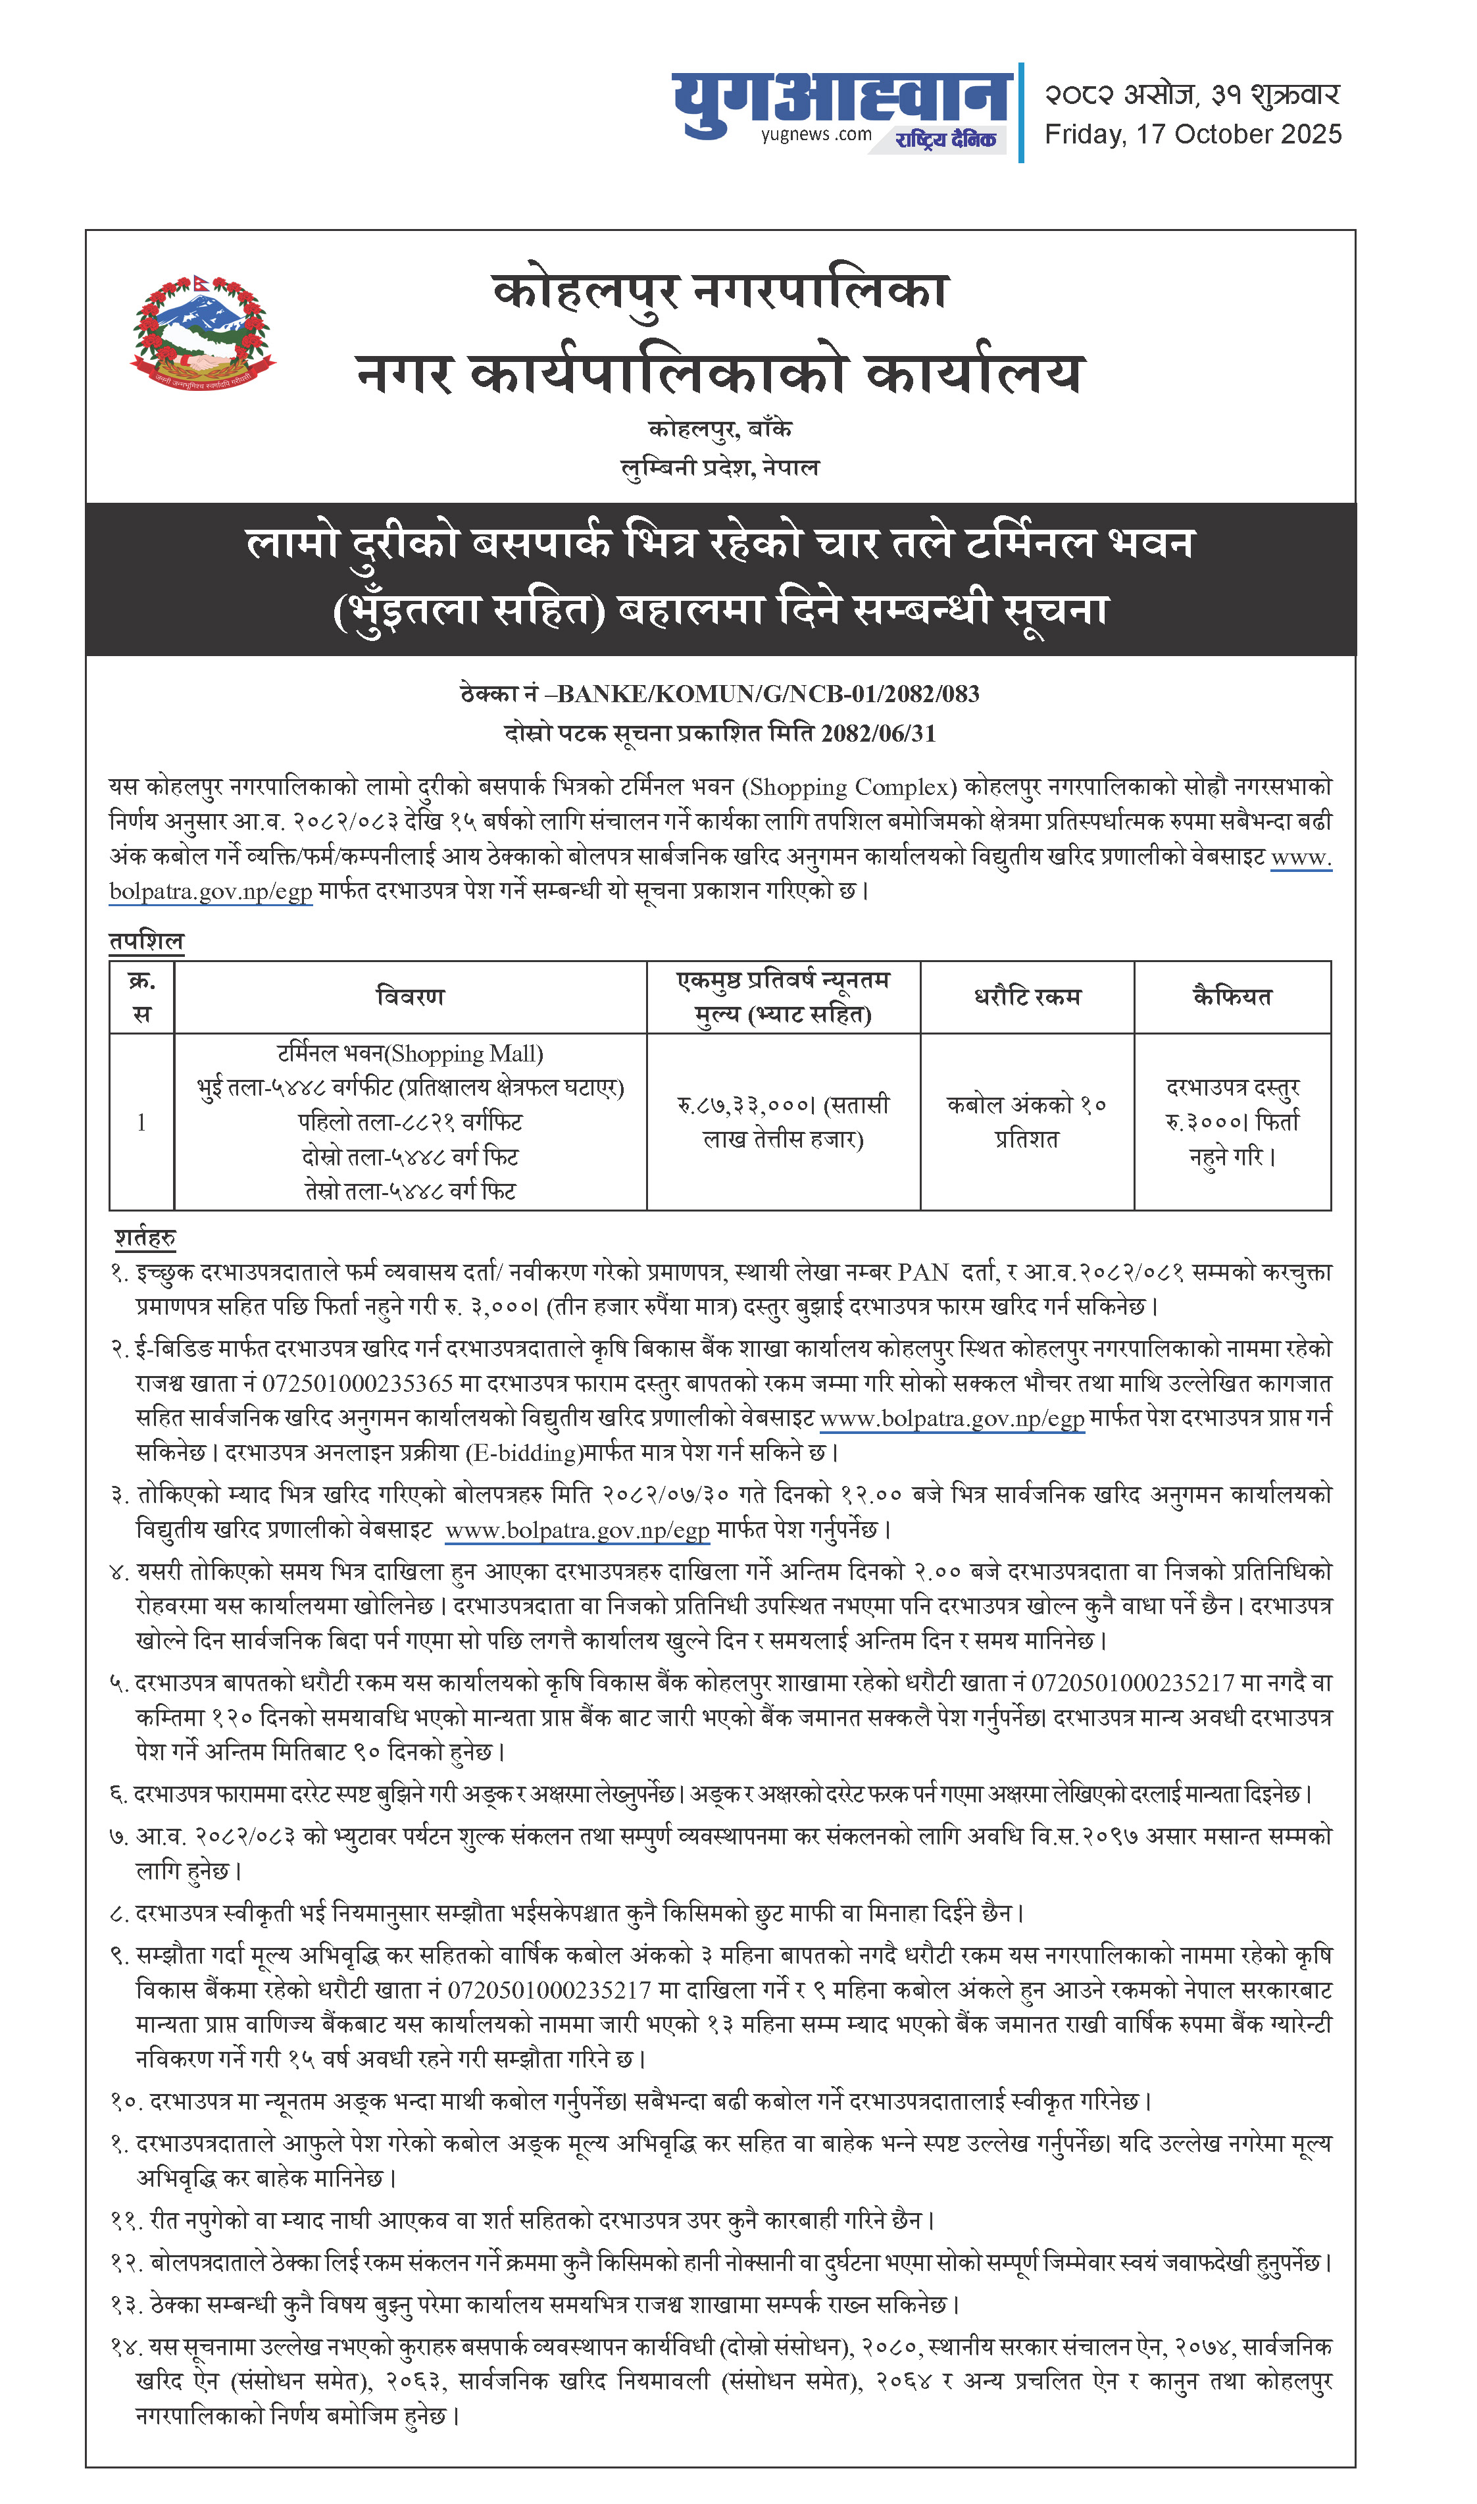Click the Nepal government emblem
(203, 334)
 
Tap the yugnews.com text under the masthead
(816, 136)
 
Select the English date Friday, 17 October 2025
(1192, 134)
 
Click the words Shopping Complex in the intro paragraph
(849, 786)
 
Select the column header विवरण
(409, 996)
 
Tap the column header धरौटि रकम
(1026, 996)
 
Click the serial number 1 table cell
(141, 1121)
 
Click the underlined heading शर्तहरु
(145, 1237)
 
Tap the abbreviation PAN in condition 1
(922, 1272)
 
